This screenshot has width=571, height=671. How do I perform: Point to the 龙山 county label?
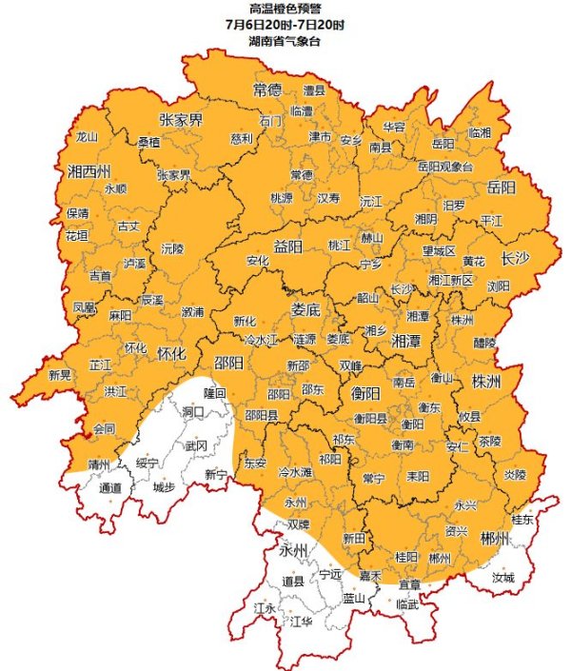click(x=87, y=136)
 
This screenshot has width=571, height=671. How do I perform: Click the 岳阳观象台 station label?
click(x=445, y=167)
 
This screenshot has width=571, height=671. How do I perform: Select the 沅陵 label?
click(x=173, y=247)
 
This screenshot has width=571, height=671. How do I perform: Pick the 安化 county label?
click(x=258, y=260)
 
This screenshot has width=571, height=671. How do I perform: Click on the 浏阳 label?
click(x=498, y=285)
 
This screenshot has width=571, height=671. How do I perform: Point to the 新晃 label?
click(x=60, y=374)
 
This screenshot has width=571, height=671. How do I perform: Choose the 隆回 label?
click(x=216, y=392)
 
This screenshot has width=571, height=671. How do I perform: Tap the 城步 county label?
click(x=164, y=487)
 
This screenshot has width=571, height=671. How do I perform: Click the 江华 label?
click(x=301, y=622)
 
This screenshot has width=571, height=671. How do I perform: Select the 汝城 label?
click(x=502, y=578)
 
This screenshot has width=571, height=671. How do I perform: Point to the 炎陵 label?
click(x=514, y=474)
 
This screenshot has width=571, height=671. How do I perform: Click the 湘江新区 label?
click(x=450, y=280)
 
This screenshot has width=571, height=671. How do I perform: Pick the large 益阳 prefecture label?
click(x=287, y=247)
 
